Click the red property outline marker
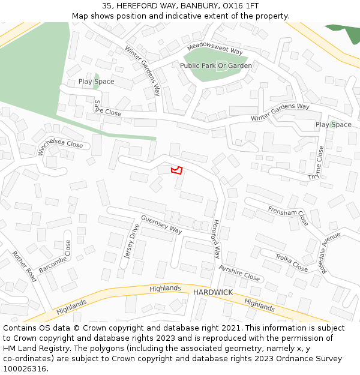point(176,170)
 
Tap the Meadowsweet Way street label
point(214,49)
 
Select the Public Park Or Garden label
point(216,65)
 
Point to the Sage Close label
point(107,108)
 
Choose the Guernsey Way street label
point(161,224)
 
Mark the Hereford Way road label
point(216,239)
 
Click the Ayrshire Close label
point(239,273)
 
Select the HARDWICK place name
point(212,292)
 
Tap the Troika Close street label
point(292,263)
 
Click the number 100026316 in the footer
point(25,369)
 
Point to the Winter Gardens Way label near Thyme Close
point(280,112)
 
